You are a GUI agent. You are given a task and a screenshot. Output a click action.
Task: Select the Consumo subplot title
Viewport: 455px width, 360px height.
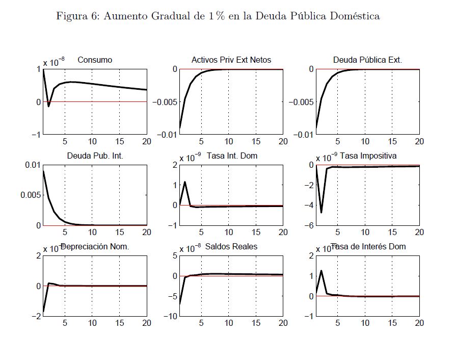pyautogui.click(x=95, y=60)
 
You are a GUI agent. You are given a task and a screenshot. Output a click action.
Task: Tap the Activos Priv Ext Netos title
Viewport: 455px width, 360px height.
pyautogui.click(x=231, y=60)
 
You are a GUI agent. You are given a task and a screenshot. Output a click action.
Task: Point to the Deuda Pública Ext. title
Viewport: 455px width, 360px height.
pyautogui.click(x=367, y=60)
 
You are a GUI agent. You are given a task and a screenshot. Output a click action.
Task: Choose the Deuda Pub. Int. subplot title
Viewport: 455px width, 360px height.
pyautogui.click(x=95, y=156)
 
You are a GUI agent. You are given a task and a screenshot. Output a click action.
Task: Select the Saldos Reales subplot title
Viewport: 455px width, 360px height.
pyautogui.click(x=231, y=247)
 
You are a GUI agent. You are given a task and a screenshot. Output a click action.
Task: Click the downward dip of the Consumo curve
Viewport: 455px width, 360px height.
pyautogui.click(x=49, y=106)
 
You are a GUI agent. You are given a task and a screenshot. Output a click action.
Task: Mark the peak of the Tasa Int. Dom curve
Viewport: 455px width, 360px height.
pyautogui.click(x=185, y=182)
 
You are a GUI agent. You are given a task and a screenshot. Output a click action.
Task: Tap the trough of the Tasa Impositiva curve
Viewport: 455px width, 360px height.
pyautogui.click(x=321, y=212)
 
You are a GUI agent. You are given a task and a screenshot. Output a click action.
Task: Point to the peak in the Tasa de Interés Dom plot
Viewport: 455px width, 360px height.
pyautogui.click(x=321, y=271)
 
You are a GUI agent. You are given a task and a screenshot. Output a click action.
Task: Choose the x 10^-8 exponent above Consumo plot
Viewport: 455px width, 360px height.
pyautogui.click(x=53, y=63)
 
